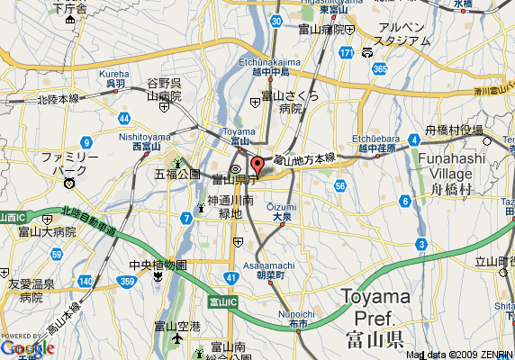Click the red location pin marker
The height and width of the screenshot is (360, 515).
coord(257,166)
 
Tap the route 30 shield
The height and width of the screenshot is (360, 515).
coord(275,20)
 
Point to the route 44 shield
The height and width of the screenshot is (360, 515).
coord(123,119)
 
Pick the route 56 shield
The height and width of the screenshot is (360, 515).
coord(339,185)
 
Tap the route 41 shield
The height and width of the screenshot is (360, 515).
coord(231,277)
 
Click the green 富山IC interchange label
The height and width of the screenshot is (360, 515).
coord(221,301)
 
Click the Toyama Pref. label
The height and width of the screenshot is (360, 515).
coord(375,306)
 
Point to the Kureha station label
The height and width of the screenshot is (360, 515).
coord(114,74)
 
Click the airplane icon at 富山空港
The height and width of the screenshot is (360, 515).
coord(176,339)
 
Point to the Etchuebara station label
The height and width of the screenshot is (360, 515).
coord(369,139)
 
